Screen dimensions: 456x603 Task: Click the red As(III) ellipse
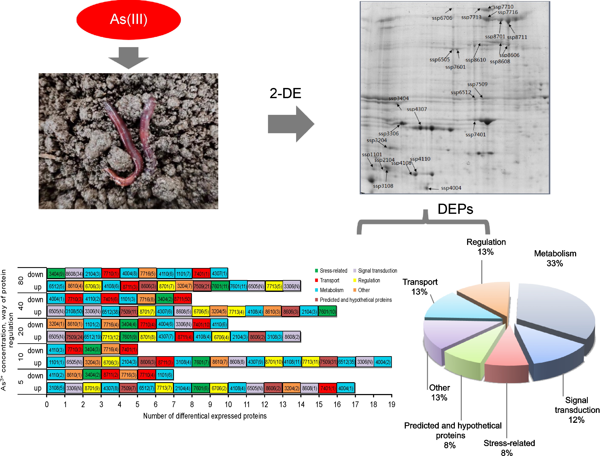(x=128, y=19)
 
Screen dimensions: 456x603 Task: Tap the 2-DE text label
(x=285, y=93)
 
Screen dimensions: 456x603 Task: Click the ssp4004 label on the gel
(x=451, y=188)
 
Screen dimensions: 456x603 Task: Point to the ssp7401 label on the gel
(x=475, y=135)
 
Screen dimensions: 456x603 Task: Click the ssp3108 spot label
(x=383, y=186)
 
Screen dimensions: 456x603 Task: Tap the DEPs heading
(x=455, y=209)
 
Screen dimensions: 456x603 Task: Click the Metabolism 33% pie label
(x=555, y=258)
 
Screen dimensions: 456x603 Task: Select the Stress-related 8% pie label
(x=509, y=448)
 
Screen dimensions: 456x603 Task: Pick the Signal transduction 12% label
(x=577, y=410)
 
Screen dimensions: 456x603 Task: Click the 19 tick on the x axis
(x=391, y=404)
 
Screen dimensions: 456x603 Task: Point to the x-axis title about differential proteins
(x=205, y=416)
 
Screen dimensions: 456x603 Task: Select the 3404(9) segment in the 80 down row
(x=56, y=273)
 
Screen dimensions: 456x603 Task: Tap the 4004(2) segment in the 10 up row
(x=383, y=362)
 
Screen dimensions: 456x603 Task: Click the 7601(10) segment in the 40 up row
(x=327, y=312)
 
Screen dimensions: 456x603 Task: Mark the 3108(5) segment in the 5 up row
(x=56, y=388)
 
